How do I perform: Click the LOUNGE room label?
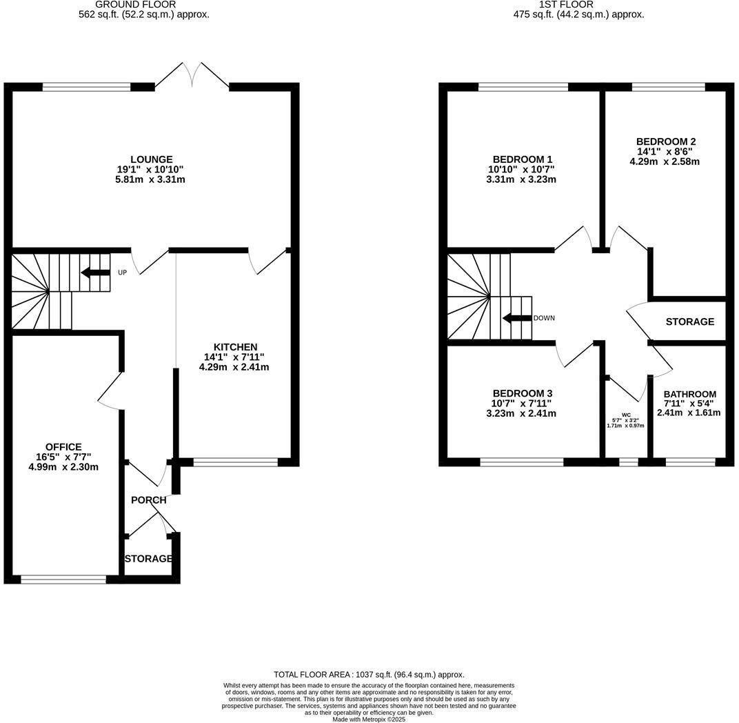tap(152, 159)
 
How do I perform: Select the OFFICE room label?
tap(63, 447)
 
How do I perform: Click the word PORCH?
tap(148, 500)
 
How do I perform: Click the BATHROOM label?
tap(689, 395)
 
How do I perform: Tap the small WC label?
tap(626, 415)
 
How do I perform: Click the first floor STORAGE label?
tap(689, 321)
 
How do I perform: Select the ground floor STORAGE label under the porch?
tap(148, 558)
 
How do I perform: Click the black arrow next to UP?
tap(96, 273)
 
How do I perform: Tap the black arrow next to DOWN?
tap(516, 318)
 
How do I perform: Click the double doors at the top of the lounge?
tap(192, 75)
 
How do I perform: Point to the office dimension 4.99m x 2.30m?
tap(63, 467)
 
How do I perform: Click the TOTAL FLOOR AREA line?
tap(369, 675)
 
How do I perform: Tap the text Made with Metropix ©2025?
tap(369, 719)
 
